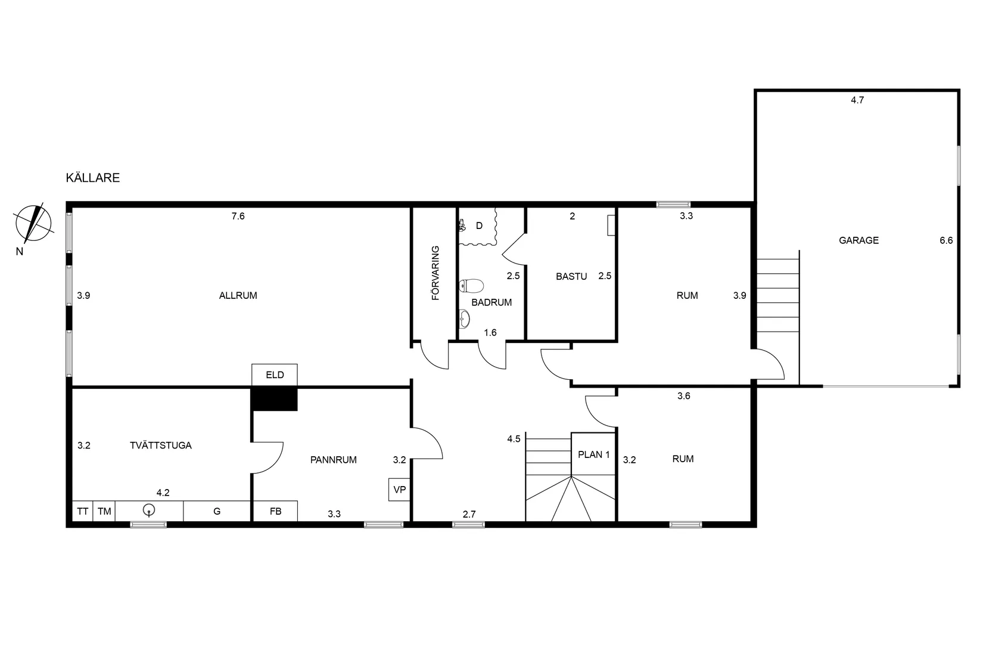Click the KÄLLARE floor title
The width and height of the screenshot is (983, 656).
[x=92, y=178]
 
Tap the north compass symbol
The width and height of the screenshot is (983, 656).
[x=34, y=223]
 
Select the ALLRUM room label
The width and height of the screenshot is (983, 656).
[x=238, y=296]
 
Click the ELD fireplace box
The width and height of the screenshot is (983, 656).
[x=275, y=375]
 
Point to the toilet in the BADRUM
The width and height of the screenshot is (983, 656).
[x=471, y=286]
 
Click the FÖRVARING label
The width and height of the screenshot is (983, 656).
[x=435, y=273]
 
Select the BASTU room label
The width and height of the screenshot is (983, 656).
[x=571, y=276]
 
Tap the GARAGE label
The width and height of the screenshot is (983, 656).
[x=859, y=240]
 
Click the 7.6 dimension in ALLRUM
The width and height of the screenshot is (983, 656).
[x=238, y=216]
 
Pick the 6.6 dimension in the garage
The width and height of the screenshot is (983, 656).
[x=946, y=240]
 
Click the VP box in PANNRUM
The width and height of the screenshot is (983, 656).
[x=399, y=490]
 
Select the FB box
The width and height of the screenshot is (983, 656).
[x=276, y=512]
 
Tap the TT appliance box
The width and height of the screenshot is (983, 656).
[x=82, y=512]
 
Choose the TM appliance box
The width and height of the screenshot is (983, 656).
[x=104, y=512]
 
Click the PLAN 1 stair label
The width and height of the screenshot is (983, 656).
[x=594, y=455]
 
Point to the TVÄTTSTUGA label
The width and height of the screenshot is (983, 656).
[x=161, y=445]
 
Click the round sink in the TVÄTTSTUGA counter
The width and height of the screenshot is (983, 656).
[x=149, y=510]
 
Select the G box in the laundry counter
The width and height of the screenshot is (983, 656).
[x=217, y=512]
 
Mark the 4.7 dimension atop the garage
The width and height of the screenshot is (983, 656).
[x=857, y=100]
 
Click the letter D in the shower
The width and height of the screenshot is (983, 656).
[x=479, y=226]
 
